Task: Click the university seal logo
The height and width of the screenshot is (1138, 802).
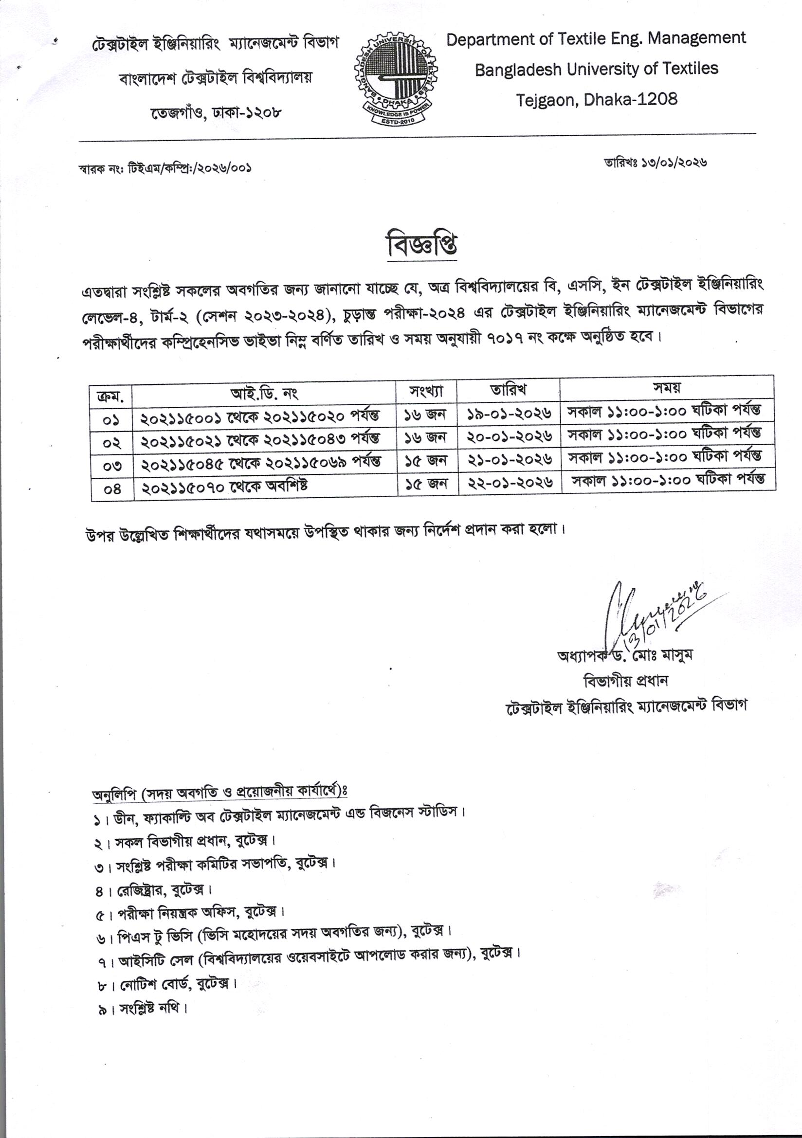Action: pos(396,79)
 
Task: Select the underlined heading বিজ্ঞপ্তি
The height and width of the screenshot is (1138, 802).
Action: pos(421,245)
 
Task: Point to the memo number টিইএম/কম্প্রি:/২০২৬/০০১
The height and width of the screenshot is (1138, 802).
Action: pos(189,168)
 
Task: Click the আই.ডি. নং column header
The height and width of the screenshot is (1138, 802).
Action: pos(264,394)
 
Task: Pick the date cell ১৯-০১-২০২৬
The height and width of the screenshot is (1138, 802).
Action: pos(509,414)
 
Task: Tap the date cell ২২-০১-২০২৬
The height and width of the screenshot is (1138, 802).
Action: pos(510,482)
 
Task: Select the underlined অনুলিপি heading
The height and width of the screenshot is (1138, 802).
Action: pos(219,792)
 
